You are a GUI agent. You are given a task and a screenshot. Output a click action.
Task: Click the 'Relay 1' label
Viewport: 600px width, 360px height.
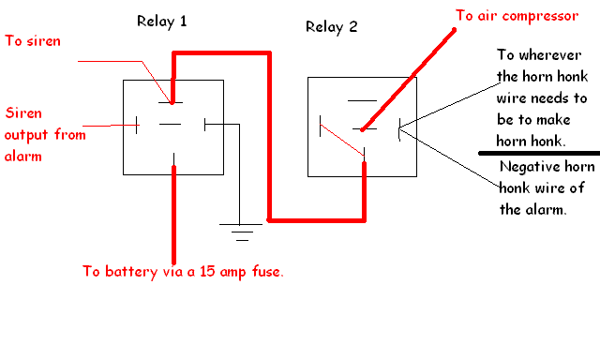(x=162, y=22)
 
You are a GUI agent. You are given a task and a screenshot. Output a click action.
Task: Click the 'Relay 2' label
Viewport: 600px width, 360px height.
(x=331, y=27)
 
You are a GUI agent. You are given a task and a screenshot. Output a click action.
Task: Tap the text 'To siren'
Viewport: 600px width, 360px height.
(x=33, y=41)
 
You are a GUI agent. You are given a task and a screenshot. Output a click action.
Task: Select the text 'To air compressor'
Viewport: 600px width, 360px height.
(x=517, y=17)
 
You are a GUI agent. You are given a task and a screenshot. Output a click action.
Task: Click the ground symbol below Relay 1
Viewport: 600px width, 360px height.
(x=241, y=232)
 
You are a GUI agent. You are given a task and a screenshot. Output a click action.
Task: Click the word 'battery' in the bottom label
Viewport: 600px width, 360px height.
(x=131, y=272)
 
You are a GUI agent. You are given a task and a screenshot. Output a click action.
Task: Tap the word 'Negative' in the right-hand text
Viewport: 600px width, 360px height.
(x=526, y=167)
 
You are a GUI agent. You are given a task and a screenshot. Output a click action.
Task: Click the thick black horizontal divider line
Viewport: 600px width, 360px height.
(x=539, y=154)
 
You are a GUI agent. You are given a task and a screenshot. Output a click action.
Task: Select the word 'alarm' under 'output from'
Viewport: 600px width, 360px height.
(x=22, y=156)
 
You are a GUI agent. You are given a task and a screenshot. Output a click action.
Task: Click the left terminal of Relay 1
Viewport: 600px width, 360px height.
(x=137, y=125)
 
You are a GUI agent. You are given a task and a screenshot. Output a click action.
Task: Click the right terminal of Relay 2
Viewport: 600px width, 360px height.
(x=399, y=129)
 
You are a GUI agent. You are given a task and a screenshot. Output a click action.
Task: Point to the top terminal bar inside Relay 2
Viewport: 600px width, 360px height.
(x=362, y=101)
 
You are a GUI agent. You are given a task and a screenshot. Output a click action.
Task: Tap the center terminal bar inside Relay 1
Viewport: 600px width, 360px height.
(x=170, y=124)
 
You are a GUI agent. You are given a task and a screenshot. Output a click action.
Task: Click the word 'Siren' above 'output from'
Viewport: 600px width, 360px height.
(x=23, y=113)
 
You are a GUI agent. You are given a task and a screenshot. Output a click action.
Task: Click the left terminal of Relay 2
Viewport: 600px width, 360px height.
(x=321, y=126)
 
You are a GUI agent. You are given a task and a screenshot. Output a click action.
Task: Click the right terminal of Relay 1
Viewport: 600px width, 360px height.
(x=204, y=125)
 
